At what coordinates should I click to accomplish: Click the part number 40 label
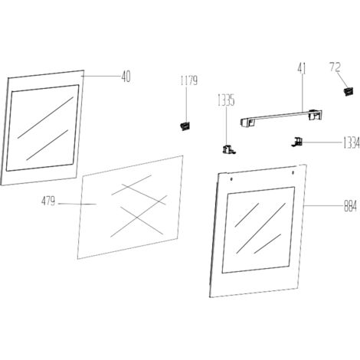tap(126, 77)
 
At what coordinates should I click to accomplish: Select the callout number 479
tap(48, 201)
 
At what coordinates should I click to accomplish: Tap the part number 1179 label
tap(189, 80)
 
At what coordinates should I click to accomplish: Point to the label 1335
tap(226, 100)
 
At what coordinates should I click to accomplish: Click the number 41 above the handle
tap(302, 68)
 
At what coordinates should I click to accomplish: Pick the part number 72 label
tap(335, 67)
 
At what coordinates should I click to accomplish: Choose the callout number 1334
tap(351, 143)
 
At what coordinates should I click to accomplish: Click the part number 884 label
tap(350, 206)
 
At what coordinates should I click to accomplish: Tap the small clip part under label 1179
tap(185, 126)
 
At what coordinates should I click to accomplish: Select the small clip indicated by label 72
tap(348, 91)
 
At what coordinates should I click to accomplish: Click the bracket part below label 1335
tap(229, 149)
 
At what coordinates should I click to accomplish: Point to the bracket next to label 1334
tap(297, 142)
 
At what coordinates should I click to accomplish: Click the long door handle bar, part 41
tap(281, 118)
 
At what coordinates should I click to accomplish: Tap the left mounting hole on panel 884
tap(231, 179)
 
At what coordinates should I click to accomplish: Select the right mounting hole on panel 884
tap(293, 173)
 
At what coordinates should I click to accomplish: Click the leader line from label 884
tap(323, 205)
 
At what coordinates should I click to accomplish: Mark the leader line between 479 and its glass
tap(77, 204)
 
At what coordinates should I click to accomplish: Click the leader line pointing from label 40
tap(100, 76)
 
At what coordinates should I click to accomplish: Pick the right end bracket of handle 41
tap(315, 115)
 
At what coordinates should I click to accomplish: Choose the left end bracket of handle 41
tap(247, 123)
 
